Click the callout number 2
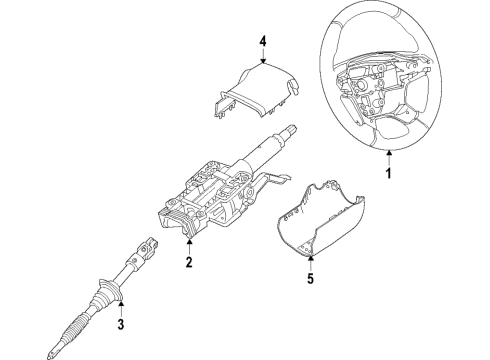click(187, 264)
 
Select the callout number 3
click(121, 324)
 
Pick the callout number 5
click(311, 296)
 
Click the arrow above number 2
click(187, 249)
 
